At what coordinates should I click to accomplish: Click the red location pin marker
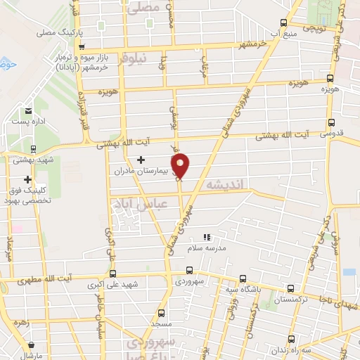pos(181,165)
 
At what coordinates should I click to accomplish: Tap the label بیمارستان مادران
pos(144,171)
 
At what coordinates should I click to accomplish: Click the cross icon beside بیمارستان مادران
pos(141,160)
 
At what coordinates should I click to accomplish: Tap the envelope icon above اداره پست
pos(27,111)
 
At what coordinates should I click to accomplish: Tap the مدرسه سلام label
pos(207,248)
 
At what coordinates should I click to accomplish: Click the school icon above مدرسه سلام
pos(207,238)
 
